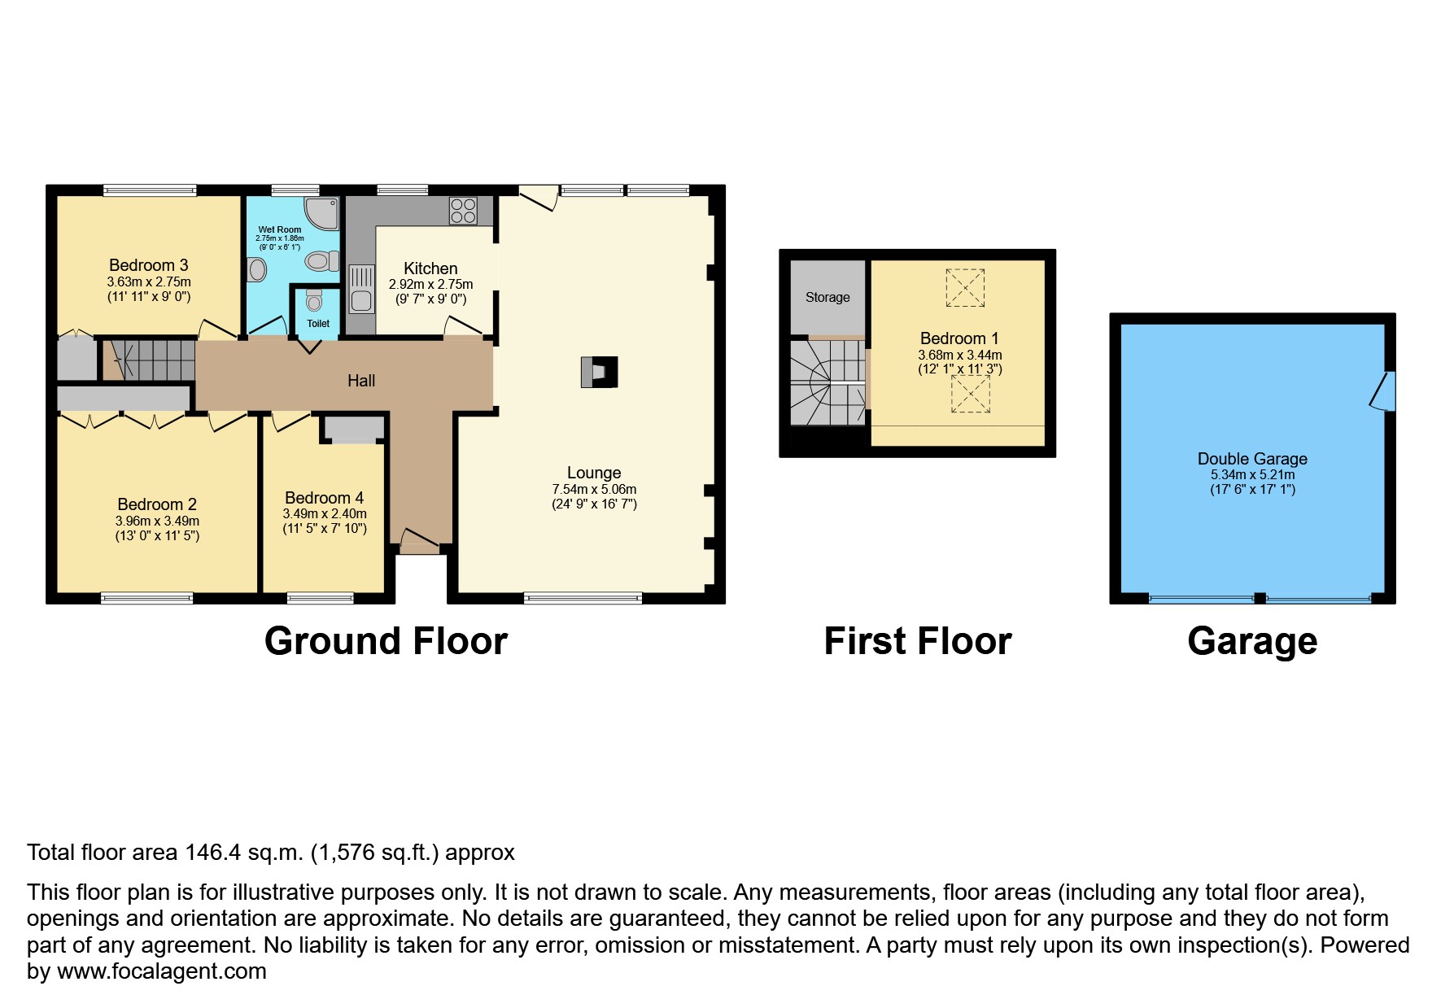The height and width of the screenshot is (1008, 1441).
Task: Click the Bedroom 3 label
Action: click(149, 265)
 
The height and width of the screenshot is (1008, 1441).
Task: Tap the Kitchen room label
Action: click(430, 268)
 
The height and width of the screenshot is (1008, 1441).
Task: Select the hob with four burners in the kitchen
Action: click(463, 211)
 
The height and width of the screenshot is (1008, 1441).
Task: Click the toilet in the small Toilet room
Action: click(315, 303)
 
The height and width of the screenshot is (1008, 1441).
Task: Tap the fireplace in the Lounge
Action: click(599, 372)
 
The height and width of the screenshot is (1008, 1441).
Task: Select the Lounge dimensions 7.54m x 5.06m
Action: click(594, 489)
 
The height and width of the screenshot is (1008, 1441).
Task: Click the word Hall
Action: click(361, 381)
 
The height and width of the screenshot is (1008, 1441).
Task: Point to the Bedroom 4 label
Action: click(324, 498)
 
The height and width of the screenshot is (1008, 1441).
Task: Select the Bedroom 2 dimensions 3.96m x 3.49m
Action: click(157, 521)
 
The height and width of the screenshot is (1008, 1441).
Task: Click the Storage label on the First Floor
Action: click(827, 298)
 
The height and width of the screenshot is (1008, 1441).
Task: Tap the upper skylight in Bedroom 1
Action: click(965, 288)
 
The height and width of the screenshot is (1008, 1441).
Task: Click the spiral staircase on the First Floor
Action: click(827, 382)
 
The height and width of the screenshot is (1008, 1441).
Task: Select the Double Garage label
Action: click(1252, 459)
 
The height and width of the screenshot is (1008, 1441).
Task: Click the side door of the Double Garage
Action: click(1384, 391)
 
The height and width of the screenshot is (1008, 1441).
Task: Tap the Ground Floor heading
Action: click(386, 641)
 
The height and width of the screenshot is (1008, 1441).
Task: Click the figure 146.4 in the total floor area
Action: click(212, 853)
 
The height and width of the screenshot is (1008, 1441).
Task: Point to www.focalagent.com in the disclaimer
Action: click(160, 971)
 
